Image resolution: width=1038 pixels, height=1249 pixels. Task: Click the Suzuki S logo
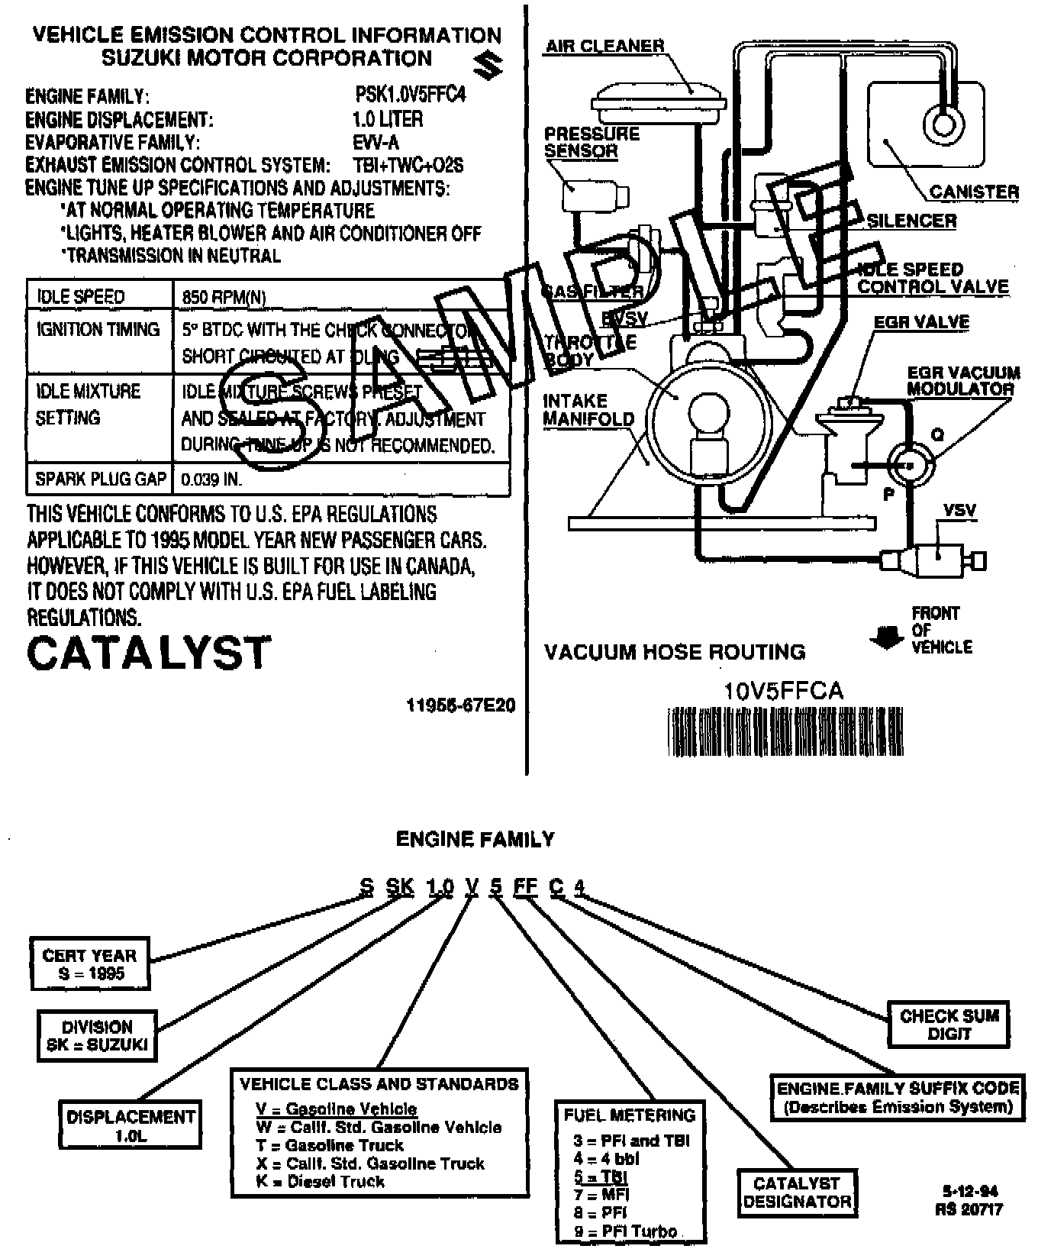(487, 66)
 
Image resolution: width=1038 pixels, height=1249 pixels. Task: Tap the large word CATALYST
(149, 654)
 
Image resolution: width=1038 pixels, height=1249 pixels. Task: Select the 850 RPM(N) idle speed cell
(224, 297)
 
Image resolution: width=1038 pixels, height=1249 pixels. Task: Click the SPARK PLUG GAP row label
(101, 479)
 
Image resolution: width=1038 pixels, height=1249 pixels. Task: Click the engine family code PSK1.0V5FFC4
(410, 95)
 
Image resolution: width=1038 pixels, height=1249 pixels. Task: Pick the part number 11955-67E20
(460, 705)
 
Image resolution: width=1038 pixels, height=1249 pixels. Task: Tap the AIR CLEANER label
(604, 46)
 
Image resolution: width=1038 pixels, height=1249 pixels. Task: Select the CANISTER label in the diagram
(974, 192)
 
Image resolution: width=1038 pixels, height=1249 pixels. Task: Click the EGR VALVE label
(921, 322)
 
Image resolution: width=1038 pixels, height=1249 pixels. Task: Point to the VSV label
(959, 510)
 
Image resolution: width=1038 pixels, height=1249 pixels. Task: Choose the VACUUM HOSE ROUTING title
(675, 652)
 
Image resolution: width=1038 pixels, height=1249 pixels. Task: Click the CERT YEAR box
(90, 964)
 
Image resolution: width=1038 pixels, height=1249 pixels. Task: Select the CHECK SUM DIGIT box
(949, 1025)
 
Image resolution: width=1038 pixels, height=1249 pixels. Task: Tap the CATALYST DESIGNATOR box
(797, 1193)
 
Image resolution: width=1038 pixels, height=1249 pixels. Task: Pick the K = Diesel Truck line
(320, 1182)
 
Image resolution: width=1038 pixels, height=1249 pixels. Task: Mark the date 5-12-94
(969, 1192)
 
